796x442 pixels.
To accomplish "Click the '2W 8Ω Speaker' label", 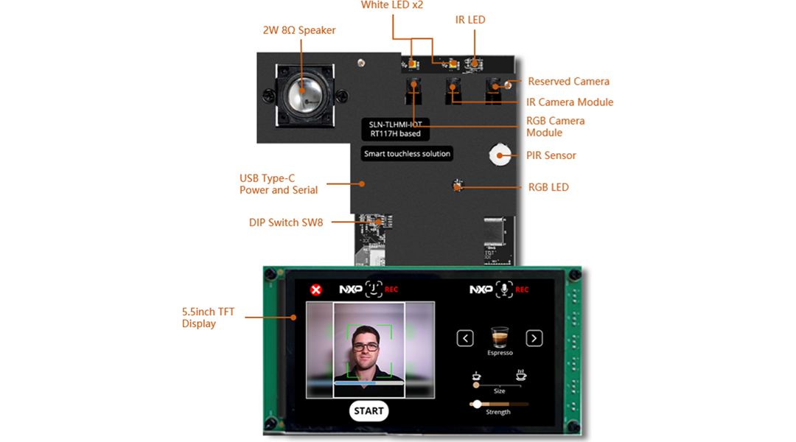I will tap(299, 30).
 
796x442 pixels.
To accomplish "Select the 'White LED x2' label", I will tap(391, 5).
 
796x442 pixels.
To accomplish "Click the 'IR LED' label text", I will tap(470, 20).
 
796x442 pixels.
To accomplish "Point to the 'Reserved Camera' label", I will tap(568, 81).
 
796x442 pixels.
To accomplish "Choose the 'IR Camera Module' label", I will tap(569, 102).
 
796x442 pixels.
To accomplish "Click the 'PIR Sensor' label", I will tap(551, 155).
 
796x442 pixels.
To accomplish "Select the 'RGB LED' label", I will tap(548, 187).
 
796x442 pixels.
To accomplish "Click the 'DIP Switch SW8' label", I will tap(285, 222).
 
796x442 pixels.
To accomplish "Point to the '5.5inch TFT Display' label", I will tap(208, 318).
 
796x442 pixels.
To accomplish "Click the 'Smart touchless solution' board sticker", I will tap(407, 154).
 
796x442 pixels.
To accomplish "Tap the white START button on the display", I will tap(369, 411).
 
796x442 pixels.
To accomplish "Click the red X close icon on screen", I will tap(316, 290).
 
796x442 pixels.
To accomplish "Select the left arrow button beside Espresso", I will tap(465, 338).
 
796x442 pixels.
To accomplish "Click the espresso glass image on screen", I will tap(500, 337).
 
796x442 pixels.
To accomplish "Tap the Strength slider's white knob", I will tap(477, 404).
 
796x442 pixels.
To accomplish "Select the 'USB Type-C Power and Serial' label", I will tap(278, 184).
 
